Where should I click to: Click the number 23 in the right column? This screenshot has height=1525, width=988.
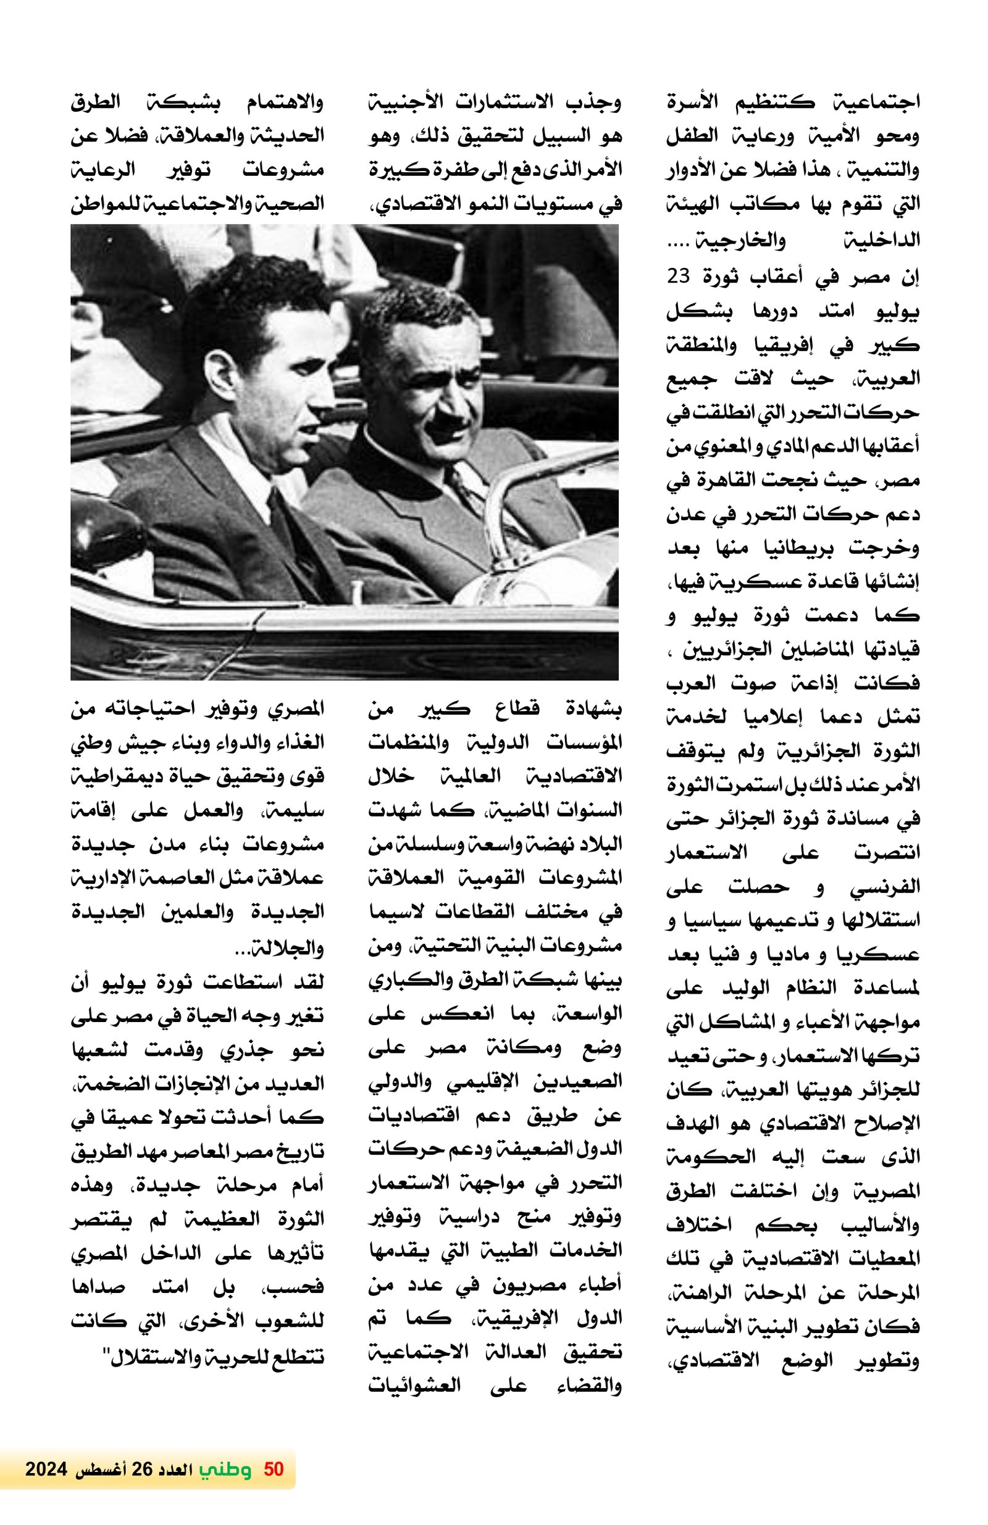677,276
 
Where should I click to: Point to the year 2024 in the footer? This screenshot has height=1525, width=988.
46,1469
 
